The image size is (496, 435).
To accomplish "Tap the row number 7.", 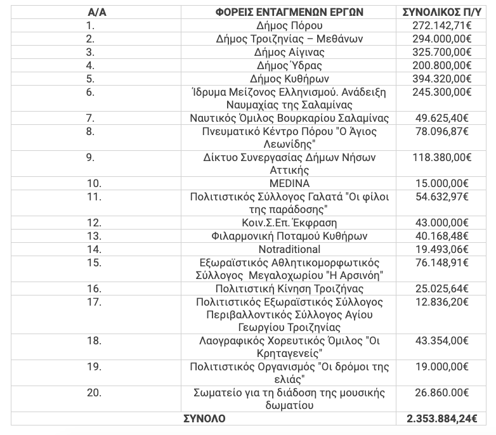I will pyautogui.click(x=90, y=118).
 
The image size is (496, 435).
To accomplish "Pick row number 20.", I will pyautogui.click(x=93, y=393).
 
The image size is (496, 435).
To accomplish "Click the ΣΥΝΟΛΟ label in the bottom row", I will pyautogui.click(x=204, y=419).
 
